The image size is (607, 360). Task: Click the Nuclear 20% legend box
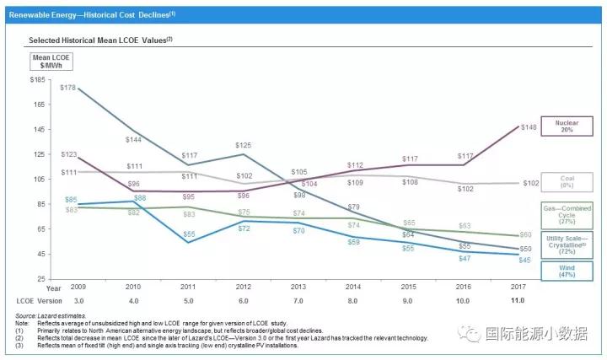pyautogui.click(x=566, y=126)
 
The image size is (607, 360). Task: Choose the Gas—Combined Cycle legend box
pyautogui.click(x=566, y=213)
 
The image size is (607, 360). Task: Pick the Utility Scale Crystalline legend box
pyautogui.click(x=566, y=244)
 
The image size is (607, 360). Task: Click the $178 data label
pyautogui.click(x=68, y=88)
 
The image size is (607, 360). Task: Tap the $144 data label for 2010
pyautogui.click(x=133, y=139)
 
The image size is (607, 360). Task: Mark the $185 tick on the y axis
pyautogui.click(x=37, y=80)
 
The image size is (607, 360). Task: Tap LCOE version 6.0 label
pyautogui.click(x=244, y=301)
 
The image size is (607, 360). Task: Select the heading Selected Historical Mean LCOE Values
pyautogui.click(x=106, y=40)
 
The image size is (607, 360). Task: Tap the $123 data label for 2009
pyautogui.click(x=69, y=155)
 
